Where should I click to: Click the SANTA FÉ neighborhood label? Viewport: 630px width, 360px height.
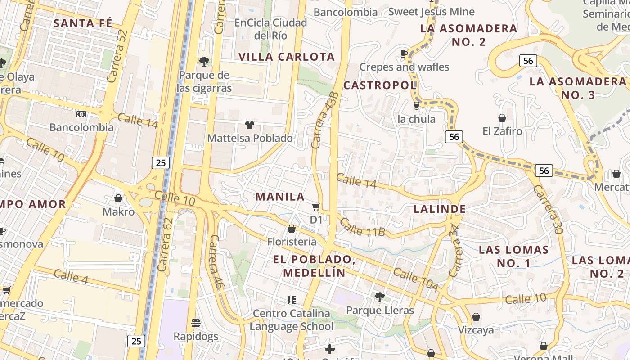tap(83, 23)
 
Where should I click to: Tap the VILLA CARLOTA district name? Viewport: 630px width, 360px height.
tap(287, 57)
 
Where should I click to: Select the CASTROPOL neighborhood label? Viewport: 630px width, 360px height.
tap(380, 85)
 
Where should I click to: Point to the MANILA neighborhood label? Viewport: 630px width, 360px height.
tap(280, 197)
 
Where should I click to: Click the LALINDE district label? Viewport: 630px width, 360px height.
tap(440, 209)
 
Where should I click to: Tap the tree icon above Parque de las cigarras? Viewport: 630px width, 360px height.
tap(204, 61)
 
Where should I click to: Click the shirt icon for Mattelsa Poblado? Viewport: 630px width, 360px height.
tap(249, 125)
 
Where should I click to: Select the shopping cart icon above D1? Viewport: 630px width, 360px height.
tap(316, 207)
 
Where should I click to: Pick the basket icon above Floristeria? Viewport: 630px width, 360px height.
tap(292, 229)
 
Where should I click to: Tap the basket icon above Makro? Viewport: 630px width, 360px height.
tap(118, 198)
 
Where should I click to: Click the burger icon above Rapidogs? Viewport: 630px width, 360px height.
tap(196, 323)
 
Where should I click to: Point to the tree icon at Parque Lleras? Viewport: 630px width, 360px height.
tap(379, 297)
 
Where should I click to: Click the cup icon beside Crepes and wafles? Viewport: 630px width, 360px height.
tap(404, 54)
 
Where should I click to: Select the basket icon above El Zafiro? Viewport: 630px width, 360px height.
tap(502, 118)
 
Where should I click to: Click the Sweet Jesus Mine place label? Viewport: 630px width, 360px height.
tap(431, 12)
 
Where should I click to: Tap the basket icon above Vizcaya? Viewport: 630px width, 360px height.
tap(476, 317)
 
